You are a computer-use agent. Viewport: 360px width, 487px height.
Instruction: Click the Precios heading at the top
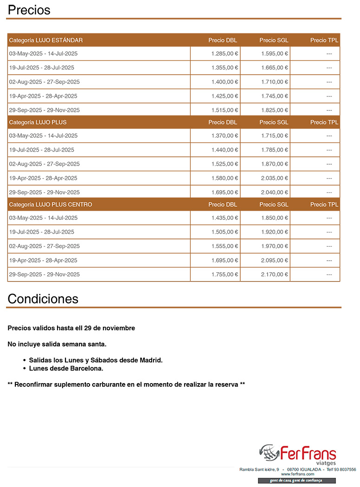(29, 10)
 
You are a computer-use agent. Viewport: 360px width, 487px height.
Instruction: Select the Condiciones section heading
(43, 299)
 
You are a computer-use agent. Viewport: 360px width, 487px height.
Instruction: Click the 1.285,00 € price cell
(225, 54)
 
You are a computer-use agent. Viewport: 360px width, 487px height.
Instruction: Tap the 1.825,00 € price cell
(275, 110)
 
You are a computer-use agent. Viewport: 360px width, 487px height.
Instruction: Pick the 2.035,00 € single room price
(275, 178)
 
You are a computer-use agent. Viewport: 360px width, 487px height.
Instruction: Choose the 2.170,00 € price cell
(275, 275)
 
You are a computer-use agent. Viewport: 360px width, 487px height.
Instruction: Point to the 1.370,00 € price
(225, 136)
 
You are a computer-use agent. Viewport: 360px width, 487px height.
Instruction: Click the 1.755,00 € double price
(225, 275)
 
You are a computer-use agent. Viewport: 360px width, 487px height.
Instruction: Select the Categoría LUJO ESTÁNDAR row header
(46, 40)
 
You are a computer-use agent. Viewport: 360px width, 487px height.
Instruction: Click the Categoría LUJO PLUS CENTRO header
(51, 205)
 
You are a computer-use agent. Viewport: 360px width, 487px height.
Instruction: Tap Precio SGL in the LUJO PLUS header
(274, 122)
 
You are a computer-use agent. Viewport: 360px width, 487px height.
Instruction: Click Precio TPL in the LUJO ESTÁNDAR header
(324, 40)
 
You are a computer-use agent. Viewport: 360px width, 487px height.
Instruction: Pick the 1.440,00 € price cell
(225, 150)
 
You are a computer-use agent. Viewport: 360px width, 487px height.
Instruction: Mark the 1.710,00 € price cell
(275, 82)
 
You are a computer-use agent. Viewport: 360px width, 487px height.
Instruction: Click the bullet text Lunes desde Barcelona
(66, 369)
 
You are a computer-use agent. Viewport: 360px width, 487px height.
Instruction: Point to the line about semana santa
(57, 344)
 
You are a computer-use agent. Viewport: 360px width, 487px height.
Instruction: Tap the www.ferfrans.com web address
(297, 474)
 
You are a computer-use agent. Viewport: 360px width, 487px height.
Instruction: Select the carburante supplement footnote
(126, 384)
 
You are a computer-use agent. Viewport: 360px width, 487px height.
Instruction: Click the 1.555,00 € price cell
(225, 246)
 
